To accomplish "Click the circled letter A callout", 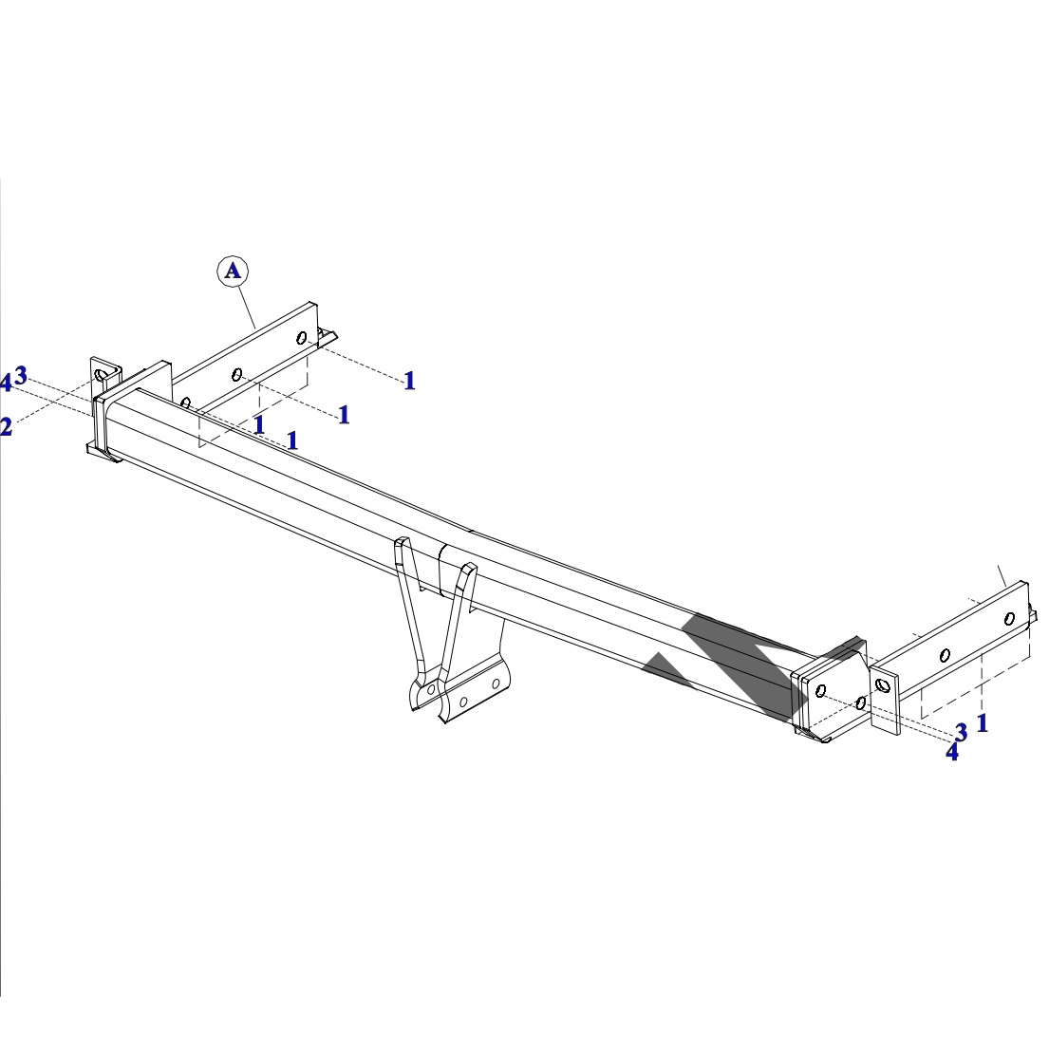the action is (x=233, y=271).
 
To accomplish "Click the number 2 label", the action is (x=6, y=427).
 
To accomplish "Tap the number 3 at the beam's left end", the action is (x=21, y=375).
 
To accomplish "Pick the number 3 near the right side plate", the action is (x=962, y=733).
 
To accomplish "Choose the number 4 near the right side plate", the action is (x=952, y=752).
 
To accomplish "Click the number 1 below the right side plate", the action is (x=983, y=723).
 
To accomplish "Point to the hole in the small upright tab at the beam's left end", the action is (x=101, y=375).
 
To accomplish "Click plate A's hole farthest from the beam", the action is (x=302, y=338).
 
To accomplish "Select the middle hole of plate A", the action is (x=236, y=374).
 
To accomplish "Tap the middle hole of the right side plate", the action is (x=946, y=656).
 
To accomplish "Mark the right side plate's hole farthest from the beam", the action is (x=1009, y=619).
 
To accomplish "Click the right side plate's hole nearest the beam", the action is (x=883, y=685).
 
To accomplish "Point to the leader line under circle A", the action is (x=247, y=307).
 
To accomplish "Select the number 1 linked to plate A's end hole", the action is (x=410, y=381).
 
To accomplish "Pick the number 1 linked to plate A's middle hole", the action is (x=344, y=415).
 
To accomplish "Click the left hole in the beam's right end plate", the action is (x=821, y=690).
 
